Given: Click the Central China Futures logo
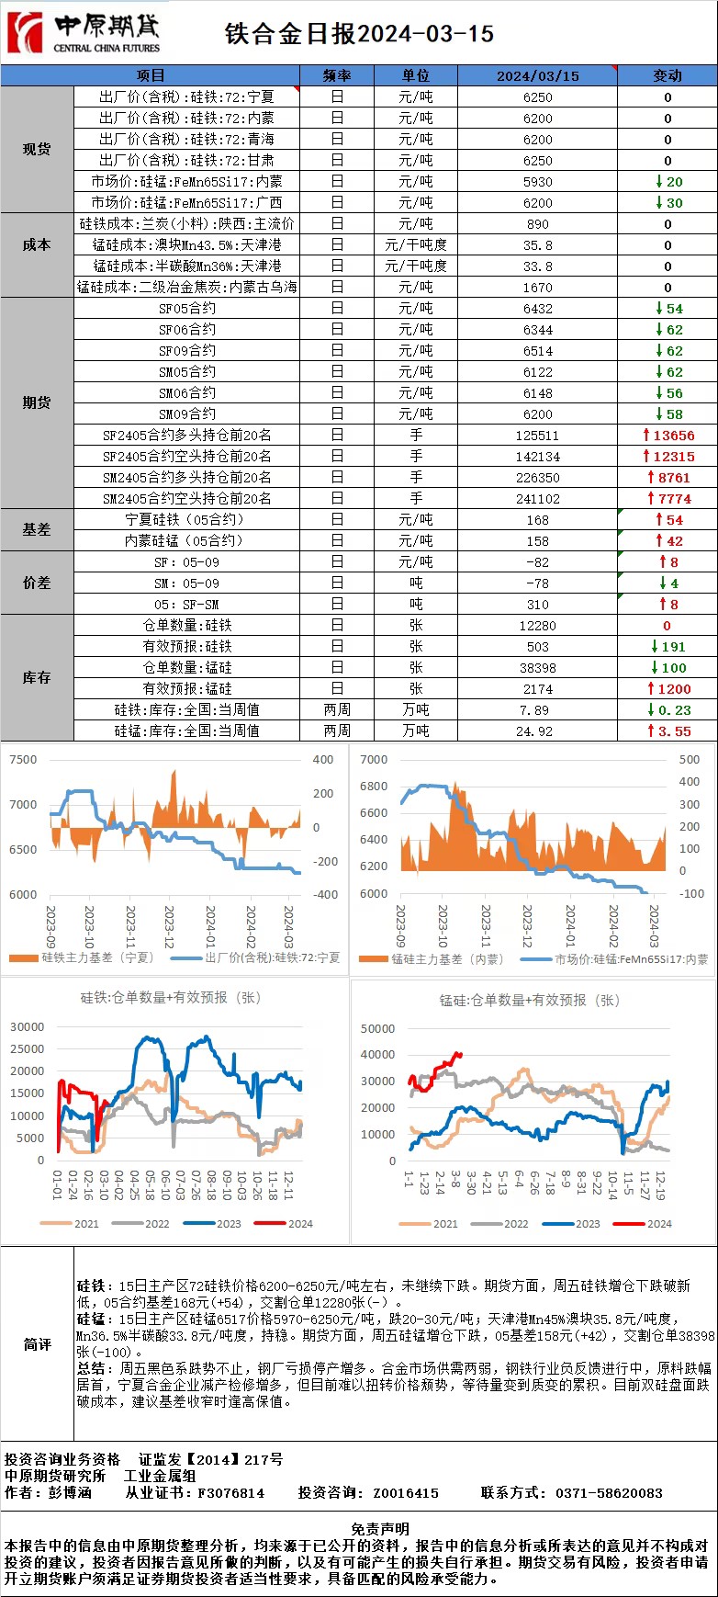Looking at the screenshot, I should [x=83, y=33].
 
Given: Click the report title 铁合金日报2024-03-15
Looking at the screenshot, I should [x=359, y=34].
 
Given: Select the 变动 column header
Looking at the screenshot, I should [x=668, y=75].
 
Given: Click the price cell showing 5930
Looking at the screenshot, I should [x=538, y=182].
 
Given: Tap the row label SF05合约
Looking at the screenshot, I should [x=187, y=309].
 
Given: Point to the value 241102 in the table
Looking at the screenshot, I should [x=538, y=499].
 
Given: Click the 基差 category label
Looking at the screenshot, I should [x=37, y=530].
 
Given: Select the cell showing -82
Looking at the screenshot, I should [x=538, y=562].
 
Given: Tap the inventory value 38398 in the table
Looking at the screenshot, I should [x=538, y=668].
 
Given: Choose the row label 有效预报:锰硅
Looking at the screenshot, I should [x=187, y=689].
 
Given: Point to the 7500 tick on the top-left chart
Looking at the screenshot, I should [x=23, y=760].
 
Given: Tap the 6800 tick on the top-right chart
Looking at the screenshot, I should [x=374, y=787].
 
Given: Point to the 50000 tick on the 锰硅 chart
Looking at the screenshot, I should [x=378, y=1029].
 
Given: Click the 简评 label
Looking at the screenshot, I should [x=37, y=1344].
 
